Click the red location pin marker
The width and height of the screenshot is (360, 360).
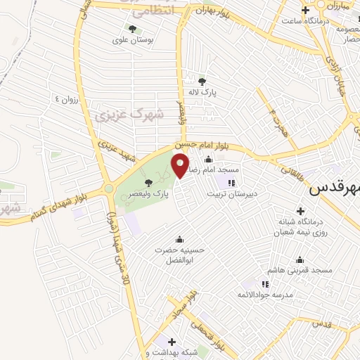[x=181, y=165]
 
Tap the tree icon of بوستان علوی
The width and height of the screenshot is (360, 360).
[x=132, y=29]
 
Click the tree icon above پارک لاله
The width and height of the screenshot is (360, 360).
[x=202, y=82]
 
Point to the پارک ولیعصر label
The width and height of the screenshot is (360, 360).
[x=152, y=193]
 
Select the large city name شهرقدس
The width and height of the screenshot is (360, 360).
[x=335, y=188]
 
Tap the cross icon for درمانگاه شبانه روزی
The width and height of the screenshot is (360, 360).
[x=301, y=210]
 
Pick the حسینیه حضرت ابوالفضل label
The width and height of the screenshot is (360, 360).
[x=179, y=255]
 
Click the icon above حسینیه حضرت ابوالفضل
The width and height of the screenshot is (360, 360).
[x=179, y=238]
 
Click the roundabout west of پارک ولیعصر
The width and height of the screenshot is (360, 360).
[x=108, y=188]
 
